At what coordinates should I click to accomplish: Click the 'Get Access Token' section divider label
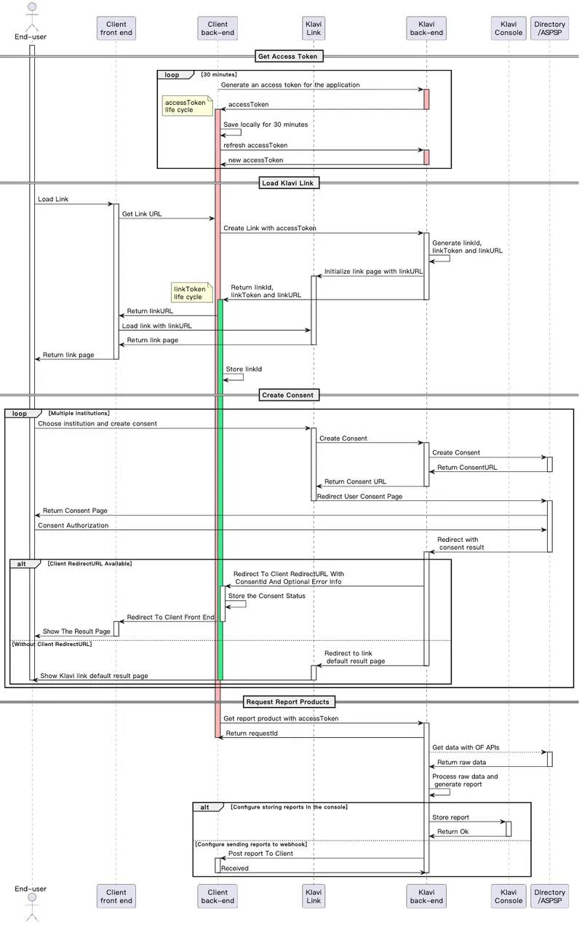coord(289,56)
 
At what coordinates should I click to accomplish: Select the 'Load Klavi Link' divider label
coord(289,183)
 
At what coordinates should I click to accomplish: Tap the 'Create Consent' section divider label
coord(289,395)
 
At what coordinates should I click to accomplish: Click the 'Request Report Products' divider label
coord(289,701)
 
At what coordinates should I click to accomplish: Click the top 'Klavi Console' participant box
coord(509,28)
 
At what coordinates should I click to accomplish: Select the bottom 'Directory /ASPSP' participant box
coord(549,896)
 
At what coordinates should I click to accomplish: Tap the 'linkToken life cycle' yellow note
coord(189,293)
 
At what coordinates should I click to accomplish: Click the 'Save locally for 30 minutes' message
coord(265,125)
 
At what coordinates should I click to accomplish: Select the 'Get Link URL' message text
coord(143,214)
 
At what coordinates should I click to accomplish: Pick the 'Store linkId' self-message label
coord(244,369)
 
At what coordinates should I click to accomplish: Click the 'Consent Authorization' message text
coord(73,525)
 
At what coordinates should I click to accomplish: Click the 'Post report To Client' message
coord(260,854)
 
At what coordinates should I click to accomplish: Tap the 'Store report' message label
coord(450,817)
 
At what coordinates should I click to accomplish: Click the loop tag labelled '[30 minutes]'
coord(218,74)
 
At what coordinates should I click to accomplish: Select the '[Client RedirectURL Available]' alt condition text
coord(89,564)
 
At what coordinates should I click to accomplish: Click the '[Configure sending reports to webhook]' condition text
coord(251,844)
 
